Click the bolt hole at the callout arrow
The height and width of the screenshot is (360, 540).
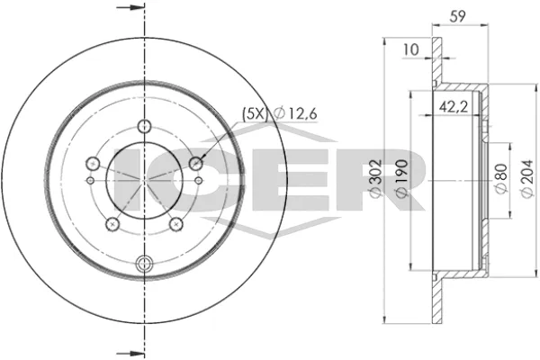197,164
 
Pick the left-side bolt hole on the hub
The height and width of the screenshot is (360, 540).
91,164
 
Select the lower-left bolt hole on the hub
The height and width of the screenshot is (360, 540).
112,225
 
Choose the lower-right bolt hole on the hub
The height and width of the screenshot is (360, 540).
176,225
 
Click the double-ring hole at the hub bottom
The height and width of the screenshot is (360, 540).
144,264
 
